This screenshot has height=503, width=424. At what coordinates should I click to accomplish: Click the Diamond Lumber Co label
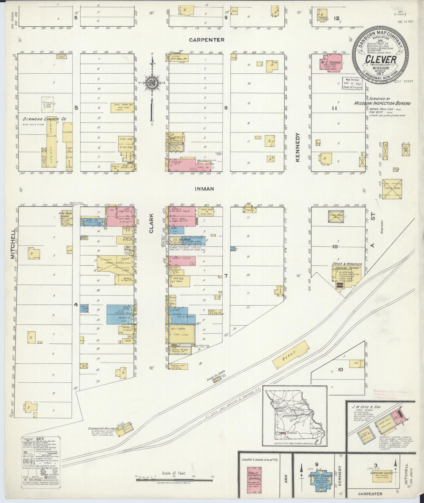tap(44, 119)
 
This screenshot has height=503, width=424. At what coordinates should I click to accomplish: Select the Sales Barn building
tap(392, 189)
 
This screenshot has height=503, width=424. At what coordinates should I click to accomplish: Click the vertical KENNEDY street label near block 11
tap(298, 147)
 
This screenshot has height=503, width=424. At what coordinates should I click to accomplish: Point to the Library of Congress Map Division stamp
tap(352, 84)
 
